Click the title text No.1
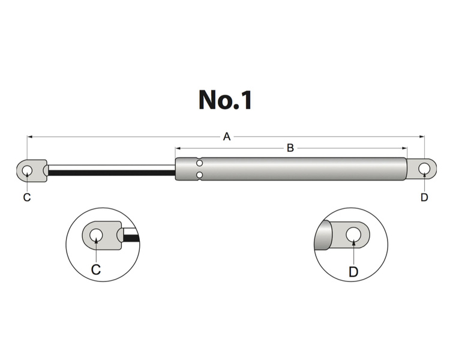[225, 100]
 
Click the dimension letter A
[227, 137]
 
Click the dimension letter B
[290, 148]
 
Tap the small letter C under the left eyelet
[27, 197]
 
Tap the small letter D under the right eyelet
[424, 197]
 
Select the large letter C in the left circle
[96, 269]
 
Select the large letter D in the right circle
[353, 272]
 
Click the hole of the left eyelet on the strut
[27, 170]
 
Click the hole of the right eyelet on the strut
[424, 169]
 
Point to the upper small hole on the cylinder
[200, 163]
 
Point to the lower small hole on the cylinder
[200, 175]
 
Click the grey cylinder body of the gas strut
[300, 169]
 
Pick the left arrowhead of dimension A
[29, 137]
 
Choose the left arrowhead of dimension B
[178, 148]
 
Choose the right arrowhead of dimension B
[405, 148]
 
